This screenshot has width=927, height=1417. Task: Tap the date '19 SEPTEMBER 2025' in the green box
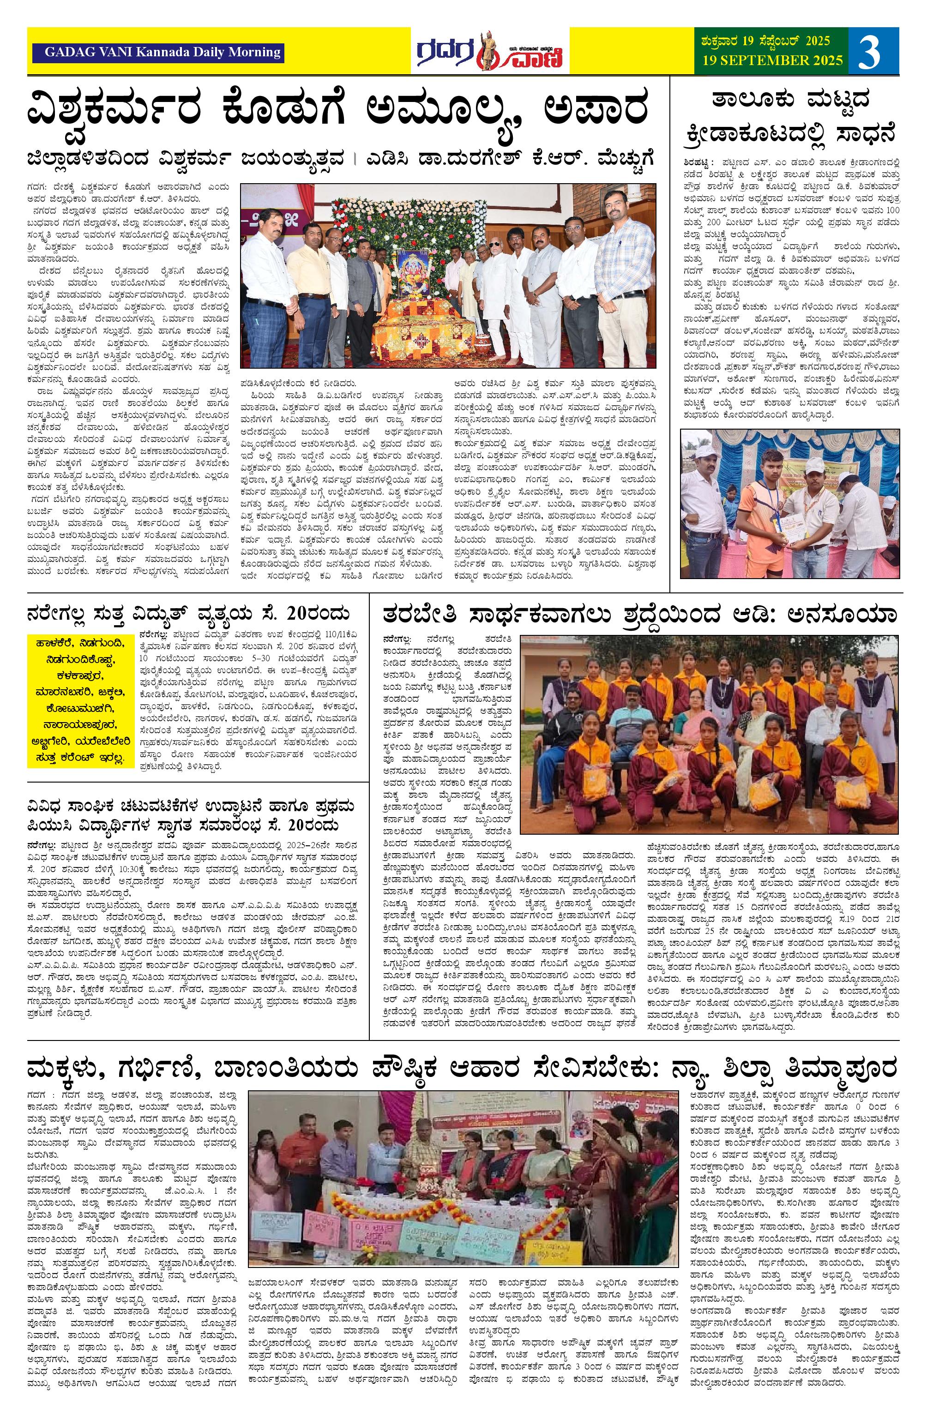(x=773, y=60)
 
